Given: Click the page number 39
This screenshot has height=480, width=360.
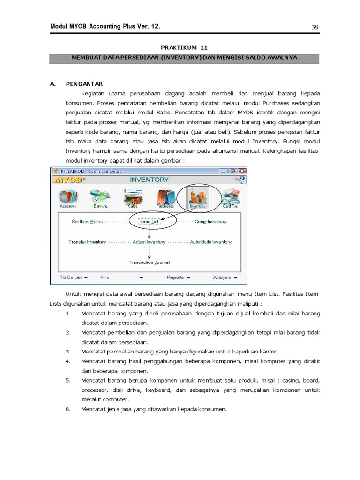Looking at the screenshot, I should [315, 27].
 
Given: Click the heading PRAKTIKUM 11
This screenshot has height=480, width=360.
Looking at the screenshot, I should [184, 48].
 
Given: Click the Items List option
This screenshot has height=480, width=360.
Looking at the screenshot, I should [149, 222].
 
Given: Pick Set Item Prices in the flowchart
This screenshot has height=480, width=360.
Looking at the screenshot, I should [87, 222].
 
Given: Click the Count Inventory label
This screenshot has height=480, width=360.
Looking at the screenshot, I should [210, 222].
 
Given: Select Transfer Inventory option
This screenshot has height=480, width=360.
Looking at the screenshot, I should [87, 242].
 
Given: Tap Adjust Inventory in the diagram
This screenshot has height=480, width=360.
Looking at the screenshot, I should [149, 242].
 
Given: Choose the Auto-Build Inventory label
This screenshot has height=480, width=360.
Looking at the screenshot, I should [210, 242].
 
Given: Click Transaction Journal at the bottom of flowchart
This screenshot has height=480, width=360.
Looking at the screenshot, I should [149, 262].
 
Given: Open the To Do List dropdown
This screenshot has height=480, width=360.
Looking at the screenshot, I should [74, 277].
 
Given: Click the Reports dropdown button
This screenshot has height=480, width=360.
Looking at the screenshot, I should [179, 277].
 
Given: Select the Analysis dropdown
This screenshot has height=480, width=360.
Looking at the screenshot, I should [225, 277].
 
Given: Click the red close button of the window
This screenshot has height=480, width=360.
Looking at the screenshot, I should [242, 171].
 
